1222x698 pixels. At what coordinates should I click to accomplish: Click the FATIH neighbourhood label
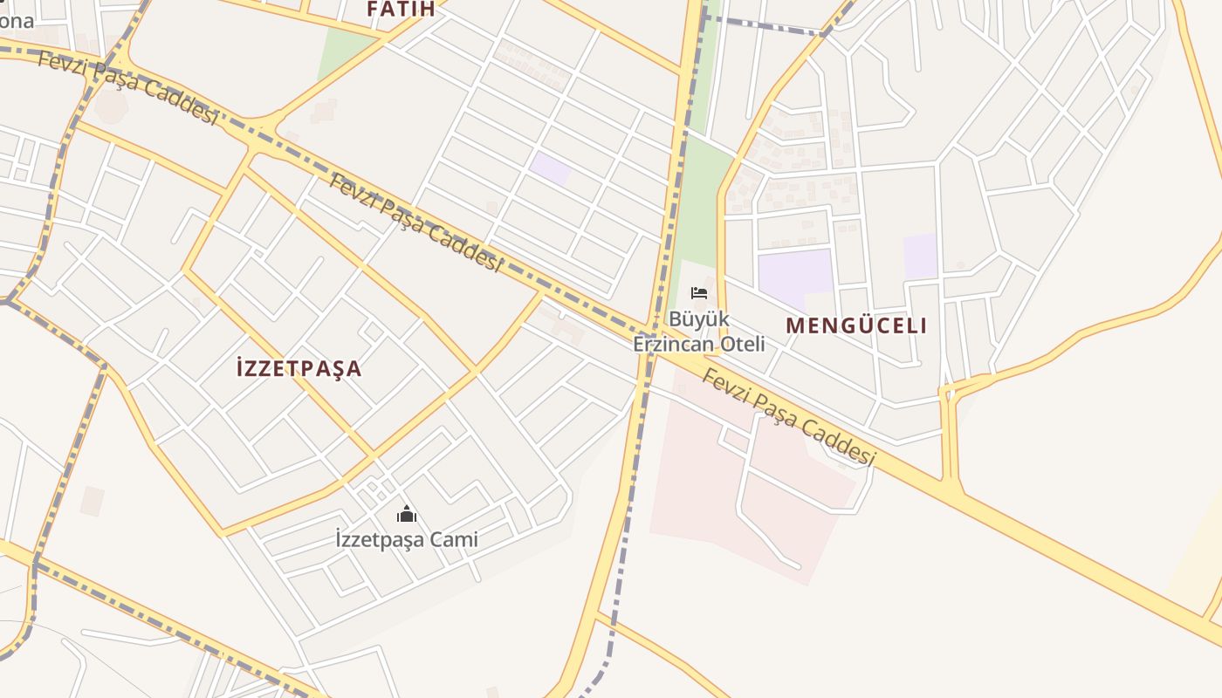click(x=401, y=10)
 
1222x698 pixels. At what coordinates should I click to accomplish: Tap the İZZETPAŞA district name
click(x=299, y=368)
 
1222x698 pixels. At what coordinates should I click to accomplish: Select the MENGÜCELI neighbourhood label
click(x=856, y=325)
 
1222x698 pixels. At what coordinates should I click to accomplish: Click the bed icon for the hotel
click(x=698, y=292)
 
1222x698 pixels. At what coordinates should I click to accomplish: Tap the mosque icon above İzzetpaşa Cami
click(x=406, y=514)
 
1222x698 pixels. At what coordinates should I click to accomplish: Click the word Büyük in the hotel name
click(x=698, y=318)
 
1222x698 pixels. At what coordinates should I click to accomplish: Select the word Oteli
click(x=743, y=344)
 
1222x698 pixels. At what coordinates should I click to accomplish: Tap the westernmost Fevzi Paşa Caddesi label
click(x=127, y=87)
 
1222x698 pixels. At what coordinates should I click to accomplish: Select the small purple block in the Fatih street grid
click(x=550, y=168)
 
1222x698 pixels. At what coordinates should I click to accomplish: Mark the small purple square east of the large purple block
click(x=920, y=256)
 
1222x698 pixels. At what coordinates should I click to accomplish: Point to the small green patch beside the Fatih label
click(x=342, y=52)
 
